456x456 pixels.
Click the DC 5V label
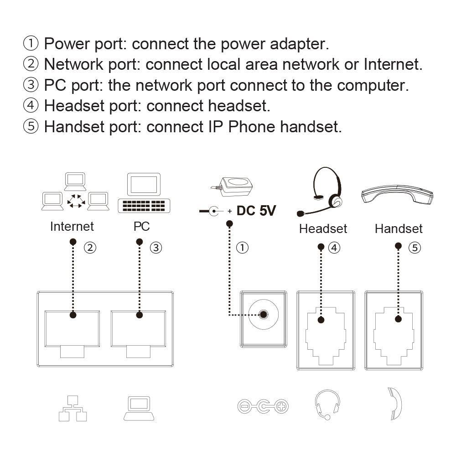[256, 211]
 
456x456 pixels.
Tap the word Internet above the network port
[72, 226]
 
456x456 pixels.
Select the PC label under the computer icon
[142, 226]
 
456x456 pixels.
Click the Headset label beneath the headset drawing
[323, 228]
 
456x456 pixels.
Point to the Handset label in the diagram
[399, 228]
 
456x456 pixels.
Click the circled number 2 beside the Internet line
[90, 248]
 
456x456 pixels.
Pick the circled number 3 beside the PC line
[156, 248]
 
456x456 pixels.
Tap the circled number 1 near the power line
[242, 248]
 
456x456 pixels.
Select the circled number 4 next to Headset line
[334, 248]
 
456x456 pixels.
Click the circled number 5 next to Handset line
[415, 248]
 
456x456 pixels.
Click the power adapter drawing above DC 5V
[233, 187]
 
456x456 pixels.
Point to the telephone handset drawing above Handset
[397, 194]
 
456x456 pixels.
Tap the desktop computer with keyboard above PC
[144, 193]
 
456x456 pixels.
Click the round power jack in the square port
[264, 314]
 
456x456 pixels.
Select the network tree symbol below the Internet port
[73, 408]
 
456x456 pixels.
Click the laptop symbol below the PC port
[139, 408]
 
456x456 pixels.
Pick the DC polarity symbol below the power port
[263, 406]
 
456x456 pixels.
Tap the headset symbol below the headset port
[327, 404]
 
